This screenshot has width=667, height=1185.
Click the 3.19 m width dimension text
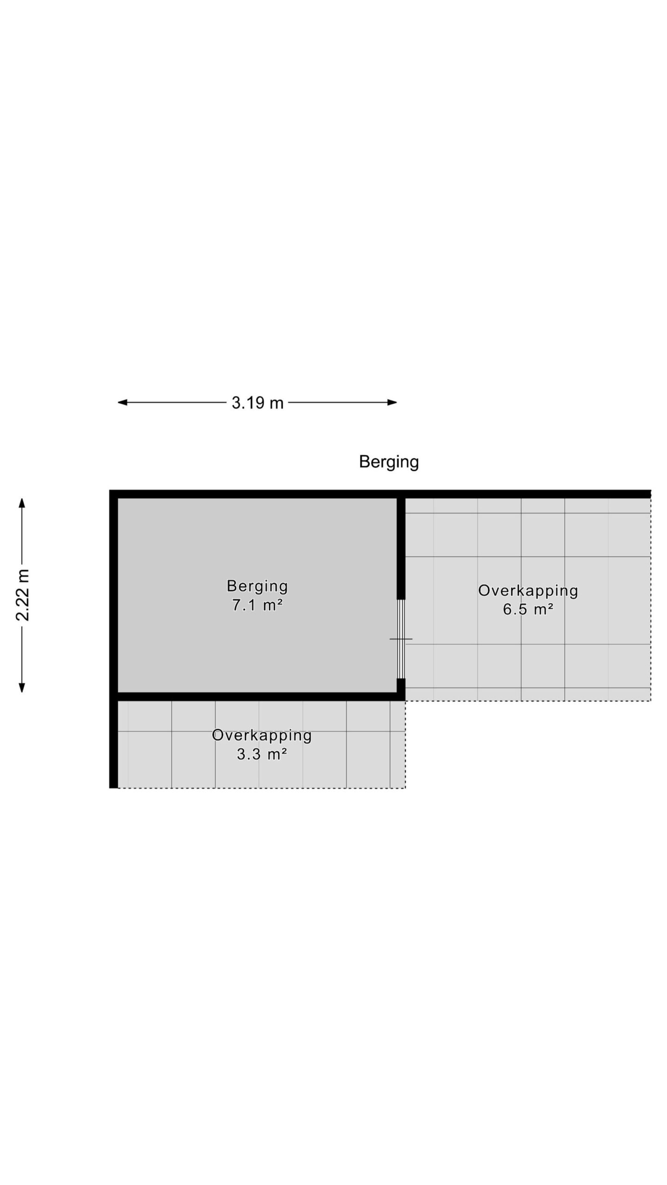point(257,403)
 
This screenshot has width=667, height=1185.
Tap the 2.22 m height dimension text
point(23,595)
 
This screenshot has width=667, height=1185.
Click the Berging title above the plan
point(389,462)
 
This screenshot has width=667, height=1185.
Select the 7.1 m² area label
point(257,605)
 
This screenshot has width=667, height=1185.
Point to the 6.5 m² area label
point(528,609)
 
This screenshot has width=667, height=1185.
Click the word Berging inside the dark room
point(257,586)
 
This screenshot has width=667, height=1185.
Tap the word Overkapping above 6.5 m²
point(528,591)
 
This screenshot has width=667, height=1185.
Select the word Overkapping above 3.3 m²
point(262,736)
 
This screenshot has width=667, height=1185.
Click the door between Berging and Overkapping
point(401,639)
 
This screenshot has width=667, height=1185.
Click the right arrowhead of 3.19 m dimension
point(392,402)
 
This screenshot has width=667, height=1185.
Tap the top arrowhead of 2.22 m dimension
point(22,503)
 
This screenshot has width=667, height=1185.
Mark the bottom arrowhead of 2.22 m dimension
point(22,687)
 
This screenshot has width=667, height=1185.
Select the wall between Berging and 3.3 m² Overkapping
point(257,697)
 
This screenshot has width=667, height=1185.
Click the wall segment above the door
point(401,549)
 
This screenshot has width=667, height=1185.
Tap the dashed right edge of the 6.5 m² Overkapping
point(651,599)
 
